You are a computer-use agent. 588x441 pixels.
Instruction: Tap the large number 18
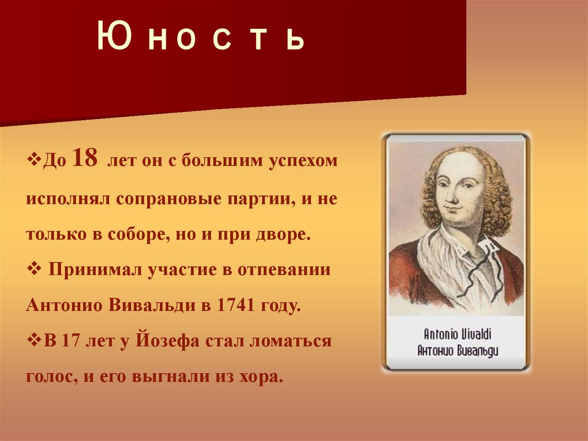85,158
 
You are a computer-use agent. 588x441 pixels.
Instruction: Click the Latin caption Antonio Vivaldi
457,334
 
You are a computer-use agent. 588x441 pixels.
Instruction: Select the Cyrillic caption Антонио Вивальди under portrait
457,351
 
